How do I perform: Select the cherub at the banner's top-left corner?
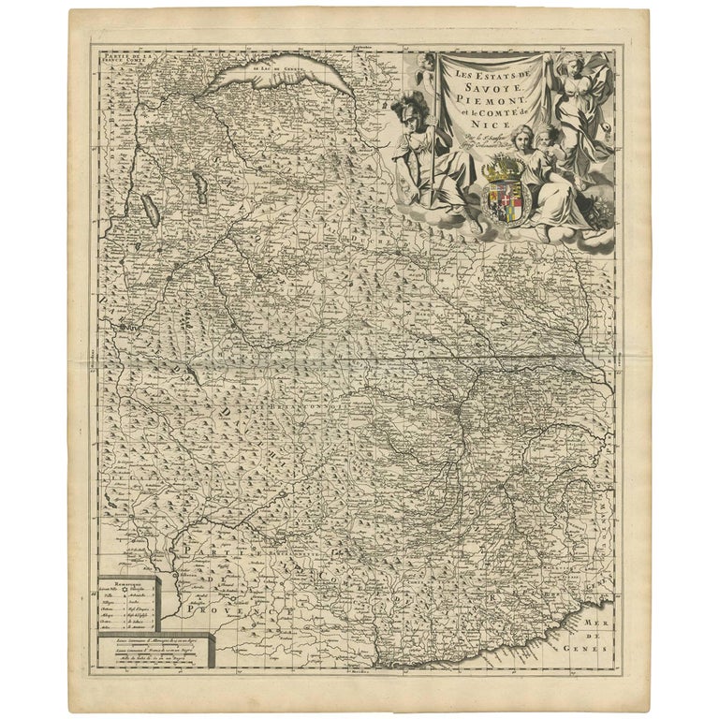(428, 63)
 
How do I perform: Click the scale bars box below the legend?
(154, 653)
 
